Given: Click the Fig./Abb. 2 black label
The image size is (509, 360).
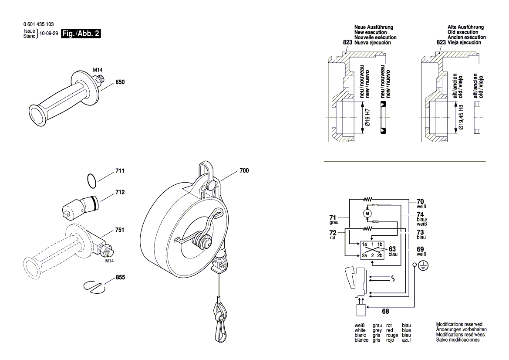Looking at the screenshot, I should (82, 34).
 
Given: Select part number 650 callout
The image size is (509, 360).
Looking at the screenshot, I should (120, 82).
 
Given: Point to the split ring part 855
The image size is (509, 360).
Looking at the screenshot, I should (94, 286).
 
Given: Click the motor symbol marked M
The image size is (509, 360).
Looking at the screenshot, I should (367, 213).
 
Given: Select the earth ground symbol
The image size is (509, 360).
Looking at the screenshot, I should (422, 265).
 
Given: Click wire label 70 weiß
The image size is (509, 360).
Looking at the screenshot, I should (420, 204).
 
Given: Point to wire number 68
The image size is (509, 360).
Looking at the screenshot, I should (385, 312).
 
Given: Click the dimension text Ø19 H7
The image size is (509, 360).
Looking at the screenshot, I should (367, 117).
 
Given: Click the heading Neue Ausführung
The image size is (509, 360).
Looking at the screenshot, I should (373, 27).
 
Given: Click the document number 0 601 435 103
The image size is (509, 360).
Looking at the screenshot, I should (39, 24).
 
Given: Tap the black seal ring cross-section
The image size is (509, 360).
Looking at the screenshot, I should (383, 118).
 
